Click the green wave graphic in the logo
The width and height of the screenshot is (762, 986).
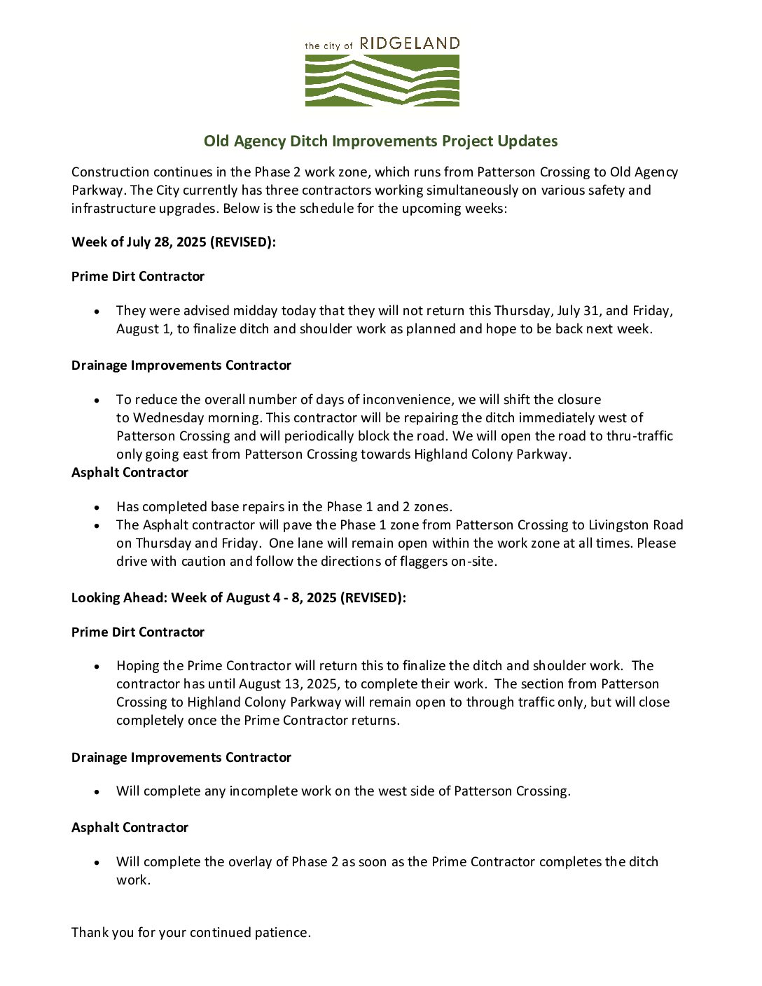point(382,80)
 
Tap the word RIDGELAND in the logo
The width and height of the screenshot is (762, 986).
point(409,43)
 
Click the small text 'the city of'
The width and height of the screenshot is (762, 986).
point(328,46)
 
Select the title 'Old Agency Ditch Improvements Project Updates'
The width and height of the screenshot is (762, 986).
point(380,141)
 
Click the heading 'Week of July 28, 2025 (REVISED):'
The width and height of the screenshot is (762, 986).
point(174,242)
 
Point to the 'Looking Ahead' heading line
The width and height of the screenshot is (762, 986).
point(238,598)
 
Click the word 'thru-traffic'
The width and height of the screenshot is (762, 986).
point(637,436)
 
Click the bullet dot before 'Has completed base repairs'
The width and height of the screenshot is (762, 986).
point(97,507)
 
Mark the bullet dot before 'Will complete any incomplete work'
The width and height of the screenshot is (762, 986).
point(97,791)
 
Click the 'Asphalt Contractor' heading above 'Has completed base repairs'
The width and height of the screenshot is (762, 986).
point(130,473)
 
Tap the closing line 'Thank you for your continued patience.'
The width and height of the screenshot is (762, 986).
point(191,933)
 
